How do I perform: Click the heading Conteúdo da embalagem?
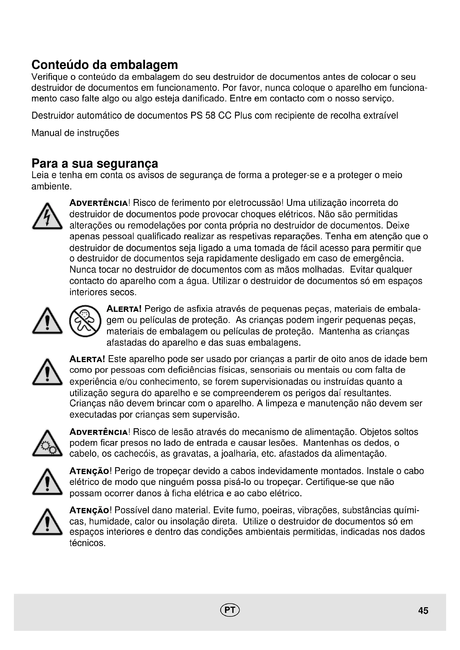(105, 65)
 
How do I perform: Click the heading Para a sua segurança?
(95, 164)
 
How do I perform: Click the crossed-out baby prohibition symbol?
(85, 321)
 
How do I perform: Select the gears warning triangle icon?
(47, 444)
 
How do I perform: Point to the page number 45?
(423, 611)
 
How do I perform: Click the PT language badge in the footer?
(230, 610)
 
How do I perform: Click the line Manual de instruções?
(75, 133)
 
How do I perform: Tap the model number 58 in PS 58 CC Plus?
(210, 116)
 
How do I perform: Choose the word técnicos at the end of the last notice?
(88, 543)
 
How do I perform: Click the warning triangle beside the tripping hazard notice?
(47, 482)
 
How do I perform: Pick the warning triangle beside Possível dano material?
(47, 523)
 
